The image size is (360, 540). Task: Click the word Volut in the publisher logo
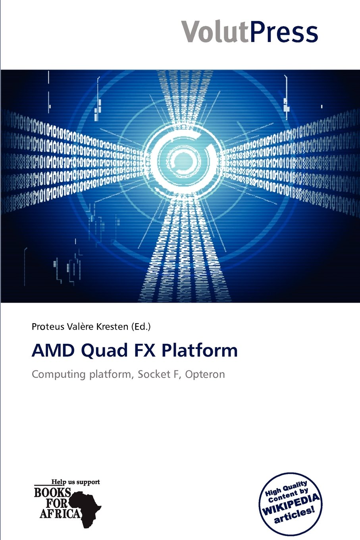216,31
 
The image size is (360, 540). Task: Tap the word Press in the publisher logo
284,31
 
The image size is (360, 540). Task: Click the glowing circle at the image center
184,159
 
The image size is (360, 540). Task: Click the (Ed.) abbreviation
141,327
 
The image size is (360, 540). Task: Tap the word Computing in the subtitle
59,374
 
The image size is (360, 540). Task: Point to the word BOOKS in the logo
52,493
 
